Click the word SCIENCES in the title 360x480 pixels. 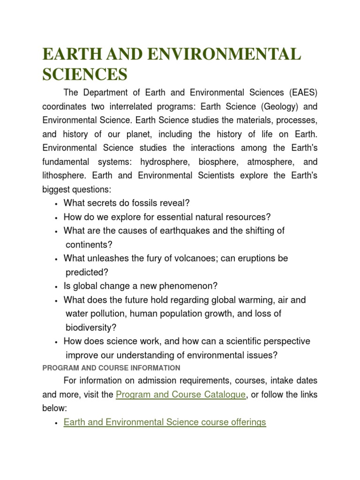coord(85,74)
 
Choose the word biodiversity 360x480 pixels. coord(91,327)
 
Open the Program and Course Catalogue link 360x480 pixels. coord(180,394)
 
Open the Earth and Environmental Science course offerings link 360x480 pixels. coord(165,422)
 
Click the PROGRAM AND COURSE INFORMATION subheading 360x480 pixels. coord(111,368)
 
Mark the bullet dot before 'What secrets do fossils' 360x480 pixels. coord(56,204)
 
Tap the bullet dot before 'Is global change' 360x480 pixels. coord(56,287)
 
